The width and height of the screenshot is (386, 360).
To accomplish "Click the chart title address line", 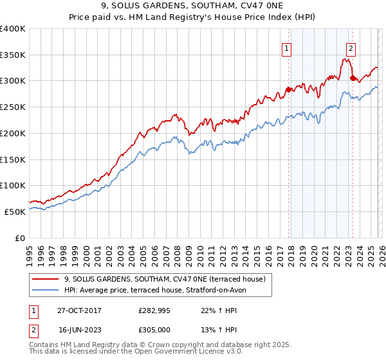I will (192, 7).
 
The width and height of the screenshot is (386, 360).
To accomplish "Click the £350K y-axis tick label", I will (13, 55).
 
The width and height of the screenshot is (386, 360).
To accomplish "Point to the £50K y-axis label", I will (15, 212).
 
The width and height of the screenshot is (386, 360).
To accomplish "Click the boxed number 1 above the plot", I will (286, 47).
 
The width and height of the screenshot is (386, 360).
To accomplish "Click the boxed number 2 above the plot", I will (351, 47).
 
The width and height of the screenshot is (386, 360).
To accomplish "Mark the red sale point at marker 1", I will (288, 90).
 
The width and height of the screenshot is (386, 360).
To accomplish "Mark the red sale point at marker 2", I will (353, 78).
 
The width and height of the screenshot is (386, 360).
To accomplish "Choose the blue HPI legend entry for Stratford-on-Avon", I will (160, 290).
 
